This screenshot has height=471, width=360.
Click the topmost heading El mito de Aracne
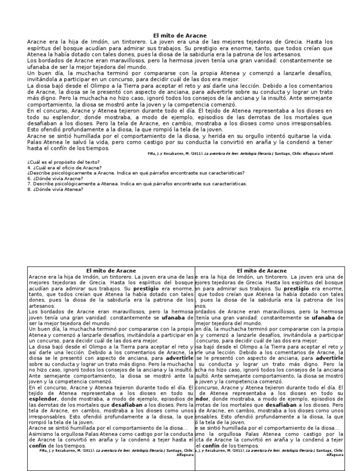coord(180,36)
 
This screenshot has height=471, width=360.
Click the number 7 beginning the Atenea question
coord(29,184)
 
